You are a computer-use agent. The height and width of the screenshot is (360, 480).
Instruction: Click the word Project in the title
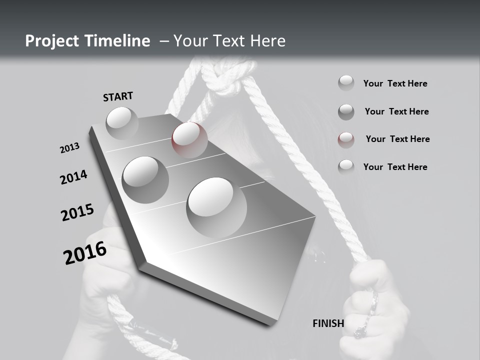[x=51, y=41]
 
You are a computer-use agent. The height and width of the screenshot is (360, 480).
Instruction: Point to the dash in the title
[x=164, y=41]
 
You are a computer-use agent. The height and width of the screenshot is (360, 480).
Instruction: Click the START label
[x=118, y=96]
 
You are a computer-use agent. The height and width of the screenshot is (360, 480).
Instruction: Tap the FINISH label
[x=328, y=323]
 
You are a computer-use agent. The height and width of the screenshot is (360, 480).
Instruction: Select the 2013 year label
[x=69, y=148]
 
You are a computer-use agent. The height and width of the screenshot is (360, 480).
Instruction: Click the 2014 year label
[x=73, y=177]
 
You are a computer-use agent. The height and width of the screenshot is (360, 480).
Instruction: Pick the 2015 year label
[x=77, y=212]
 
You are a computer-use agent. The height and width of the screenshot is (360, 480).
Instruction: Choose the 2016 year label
[x=85, y=253]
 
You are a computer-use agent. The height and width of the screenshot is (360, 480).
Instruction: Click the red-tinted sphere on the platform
[x=189, y=139]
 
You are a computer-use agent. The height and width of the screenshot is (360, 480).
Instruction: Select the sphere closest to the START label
[x=122, y=122]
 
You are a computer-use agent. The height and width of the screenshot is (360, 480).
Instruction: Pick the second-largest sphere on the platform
[x=145, y=179]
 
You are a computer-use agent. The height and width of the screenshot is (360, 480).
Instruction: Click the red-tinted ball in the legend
[x=346, y=139]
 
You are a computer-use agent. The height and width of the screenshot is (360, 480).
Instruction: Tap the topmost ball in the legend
[x=346, y=83]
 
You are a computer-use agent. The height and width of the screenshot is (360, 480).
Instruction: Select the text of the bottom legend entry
[x=395, y=167]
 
